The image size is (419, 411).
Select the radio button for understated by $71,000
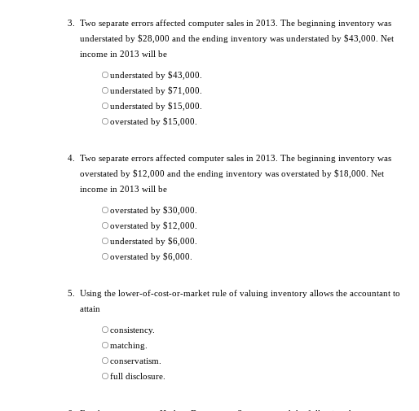[x=105, y=90]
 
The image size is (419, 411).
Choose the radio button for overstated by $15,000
[x=105, y=121]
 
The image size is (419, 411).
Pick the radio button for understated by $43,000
[x=105, y=75]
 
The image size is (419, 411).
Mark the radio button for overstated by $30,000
[x=105, y=210]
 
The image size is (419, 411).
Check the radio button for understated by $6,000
[x=105, y=241]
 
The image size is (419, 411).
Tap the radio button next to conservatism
[x=105, y=361]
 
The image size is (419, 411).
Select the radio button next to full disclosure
[x=105, y=376]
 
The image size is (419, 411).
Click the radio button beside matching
[x=105, y=345]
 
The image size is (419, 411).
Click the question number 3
[x=71, y=23]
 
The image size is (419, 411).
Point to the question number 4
[x=71, y=158]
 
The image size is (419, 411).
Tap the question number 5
[x=71, y=293]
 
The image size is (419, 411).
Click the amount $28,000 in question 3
[x=154, y=38]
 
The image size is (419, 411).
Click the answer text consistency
[x=132, y=330]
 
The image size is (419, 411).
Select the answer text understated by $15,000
[x=156, y=106]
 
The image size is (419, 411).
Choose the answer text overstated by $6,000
[x=151, y=256]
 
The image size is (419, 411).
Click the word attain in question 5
[x=90, y=308]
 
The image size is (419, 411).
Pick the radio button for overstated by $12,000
[x=105, y=225]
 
